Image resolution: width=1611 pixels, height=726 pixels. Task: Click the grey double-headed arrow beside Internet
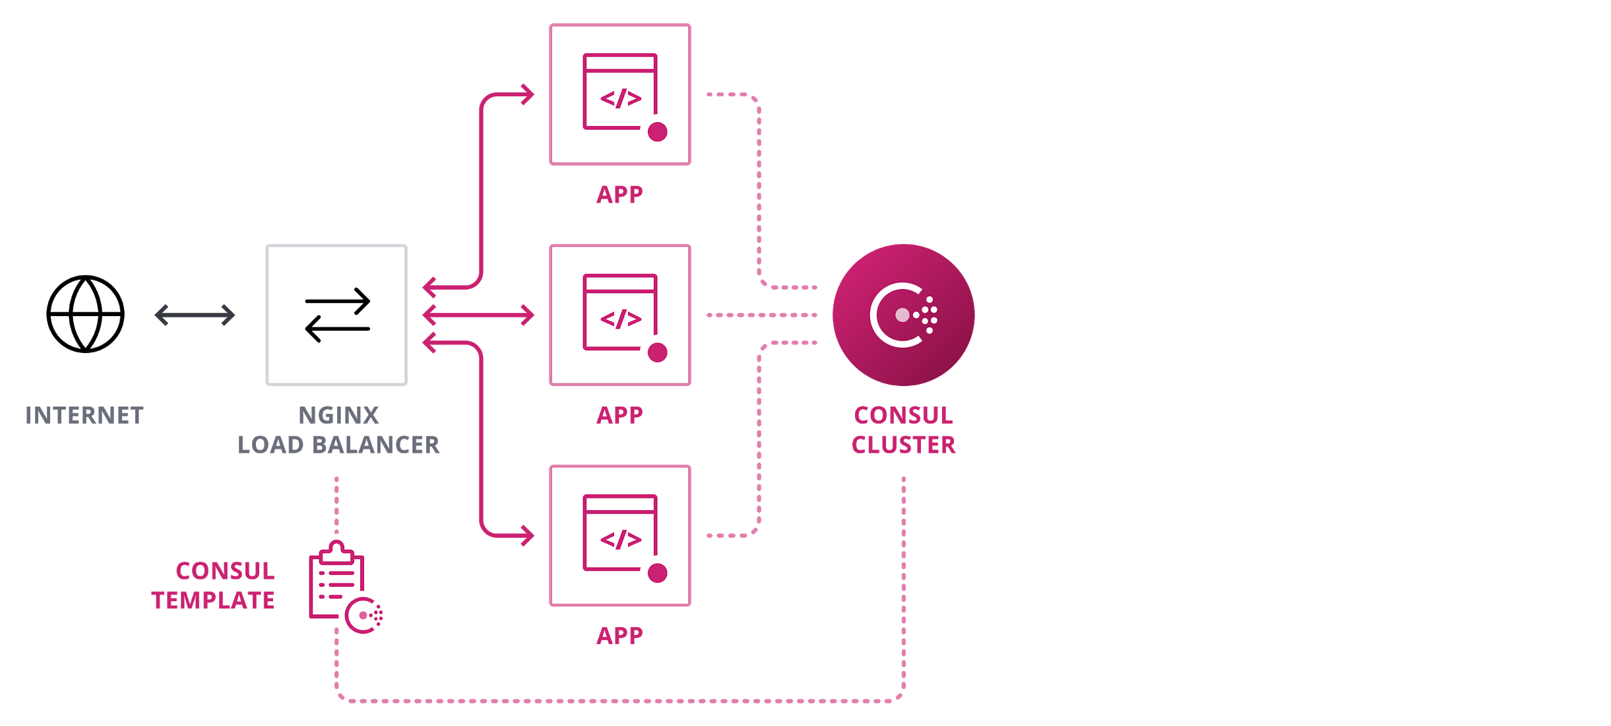195,315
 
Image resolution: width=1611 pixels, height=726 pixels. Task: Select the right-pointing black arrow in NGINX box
338,301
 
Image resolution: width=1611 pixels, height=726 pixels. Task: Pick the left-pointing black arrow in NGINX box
338,328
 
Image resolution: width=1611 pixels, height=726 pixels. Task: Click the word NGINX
338,415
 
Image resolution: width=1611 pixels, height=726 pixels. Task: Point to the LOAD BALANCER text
338,444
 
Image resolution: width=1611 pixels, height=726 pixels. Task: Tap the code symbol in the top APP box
621,99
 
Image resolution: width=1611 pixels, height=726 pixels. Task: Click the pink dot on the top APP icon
657,132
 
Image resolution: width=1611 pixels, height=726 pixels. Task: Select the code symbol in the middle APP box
621,319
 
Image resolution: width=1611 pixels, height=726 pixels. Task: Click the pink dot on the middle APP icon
657,352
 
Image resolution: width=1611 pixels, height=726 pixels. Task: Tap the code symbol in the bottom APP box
621,540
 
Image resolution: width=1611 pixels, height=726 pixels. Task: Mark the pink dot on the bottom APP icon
657,573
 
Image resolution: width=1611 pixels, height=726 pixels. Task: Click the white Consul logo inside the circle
902,315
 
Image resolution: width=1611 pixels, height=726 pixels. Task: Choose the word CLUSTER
903,444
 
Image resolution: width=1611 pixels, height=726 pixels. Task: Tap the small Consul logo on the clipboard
363,615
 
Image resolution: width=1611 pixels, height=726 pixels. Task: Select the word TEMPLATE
210,600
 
